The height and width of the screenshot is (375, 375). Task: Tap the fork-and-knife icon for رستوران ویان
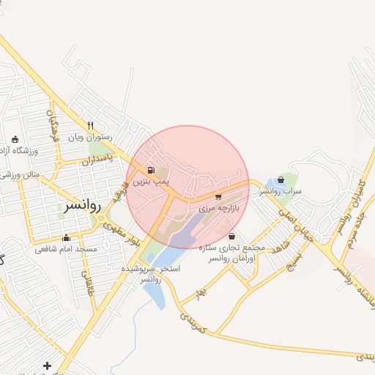(x=91, y=125)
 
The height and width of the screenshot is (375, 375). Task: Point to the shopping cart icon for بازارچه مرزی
(x=218, y=197)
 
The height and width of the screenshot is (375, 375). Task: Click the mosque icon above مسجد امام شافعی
(x=67, y=237)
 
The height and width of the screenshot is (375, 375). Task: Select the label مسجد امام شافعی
(x=66, y=248)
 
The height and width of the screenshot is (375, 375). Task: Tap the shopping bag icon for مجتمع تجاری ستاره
(x=232, y=236)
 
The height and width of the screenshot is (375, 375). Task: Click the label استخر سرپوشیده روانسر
(x=149, y=275)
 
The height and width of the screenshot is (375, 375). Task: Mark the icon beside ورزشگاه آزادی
(x=15, y=139)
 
